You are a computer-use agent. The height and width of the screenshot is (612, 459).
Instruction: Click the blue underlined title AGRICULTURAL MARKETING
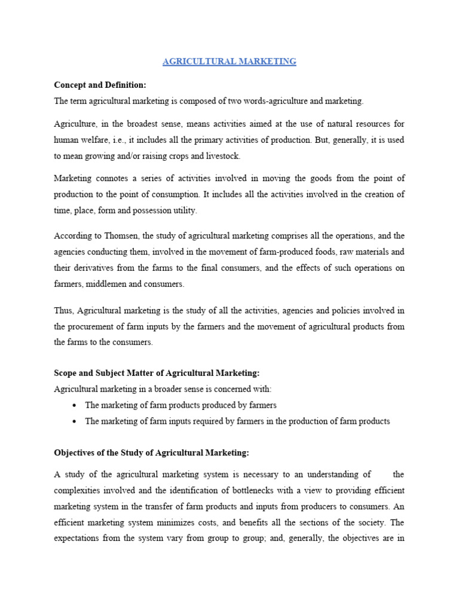(230, 62)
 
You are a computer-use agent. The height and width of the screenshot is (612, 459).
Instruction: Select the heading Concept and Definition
(100, 85)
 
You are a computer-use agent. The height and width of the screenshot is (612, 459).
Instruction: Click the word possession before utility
(152, 210)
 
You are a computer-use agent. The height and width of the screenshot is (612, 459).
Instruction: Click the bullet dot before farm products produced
(74, 405)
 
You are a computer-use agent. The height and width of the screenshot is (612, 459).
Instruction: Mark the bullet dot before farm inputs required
(74, 421)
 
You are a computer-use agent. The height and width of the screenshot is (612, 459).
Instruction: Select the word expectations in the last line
(78, 537)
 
